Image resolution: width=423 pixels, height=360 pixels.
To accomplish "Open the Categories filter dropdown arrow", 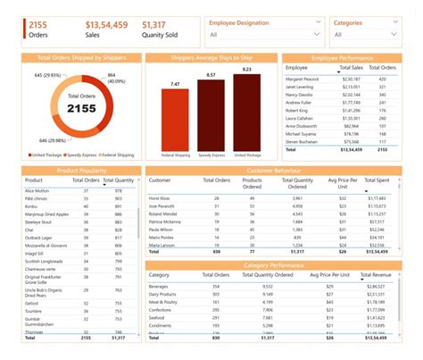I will point(393,36).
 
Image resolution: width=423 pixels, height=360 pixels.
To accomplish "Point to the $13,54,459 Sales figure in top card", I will point(105,25).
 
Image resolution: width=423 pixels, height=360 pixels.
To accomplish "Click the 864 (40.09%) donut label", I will point(118,79).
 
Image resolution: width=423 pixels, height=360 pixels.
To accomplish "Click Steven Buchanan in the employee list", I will point(305,142).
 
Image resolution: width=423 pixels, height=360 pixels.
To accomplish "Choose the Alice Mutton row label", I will point(37,190).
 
